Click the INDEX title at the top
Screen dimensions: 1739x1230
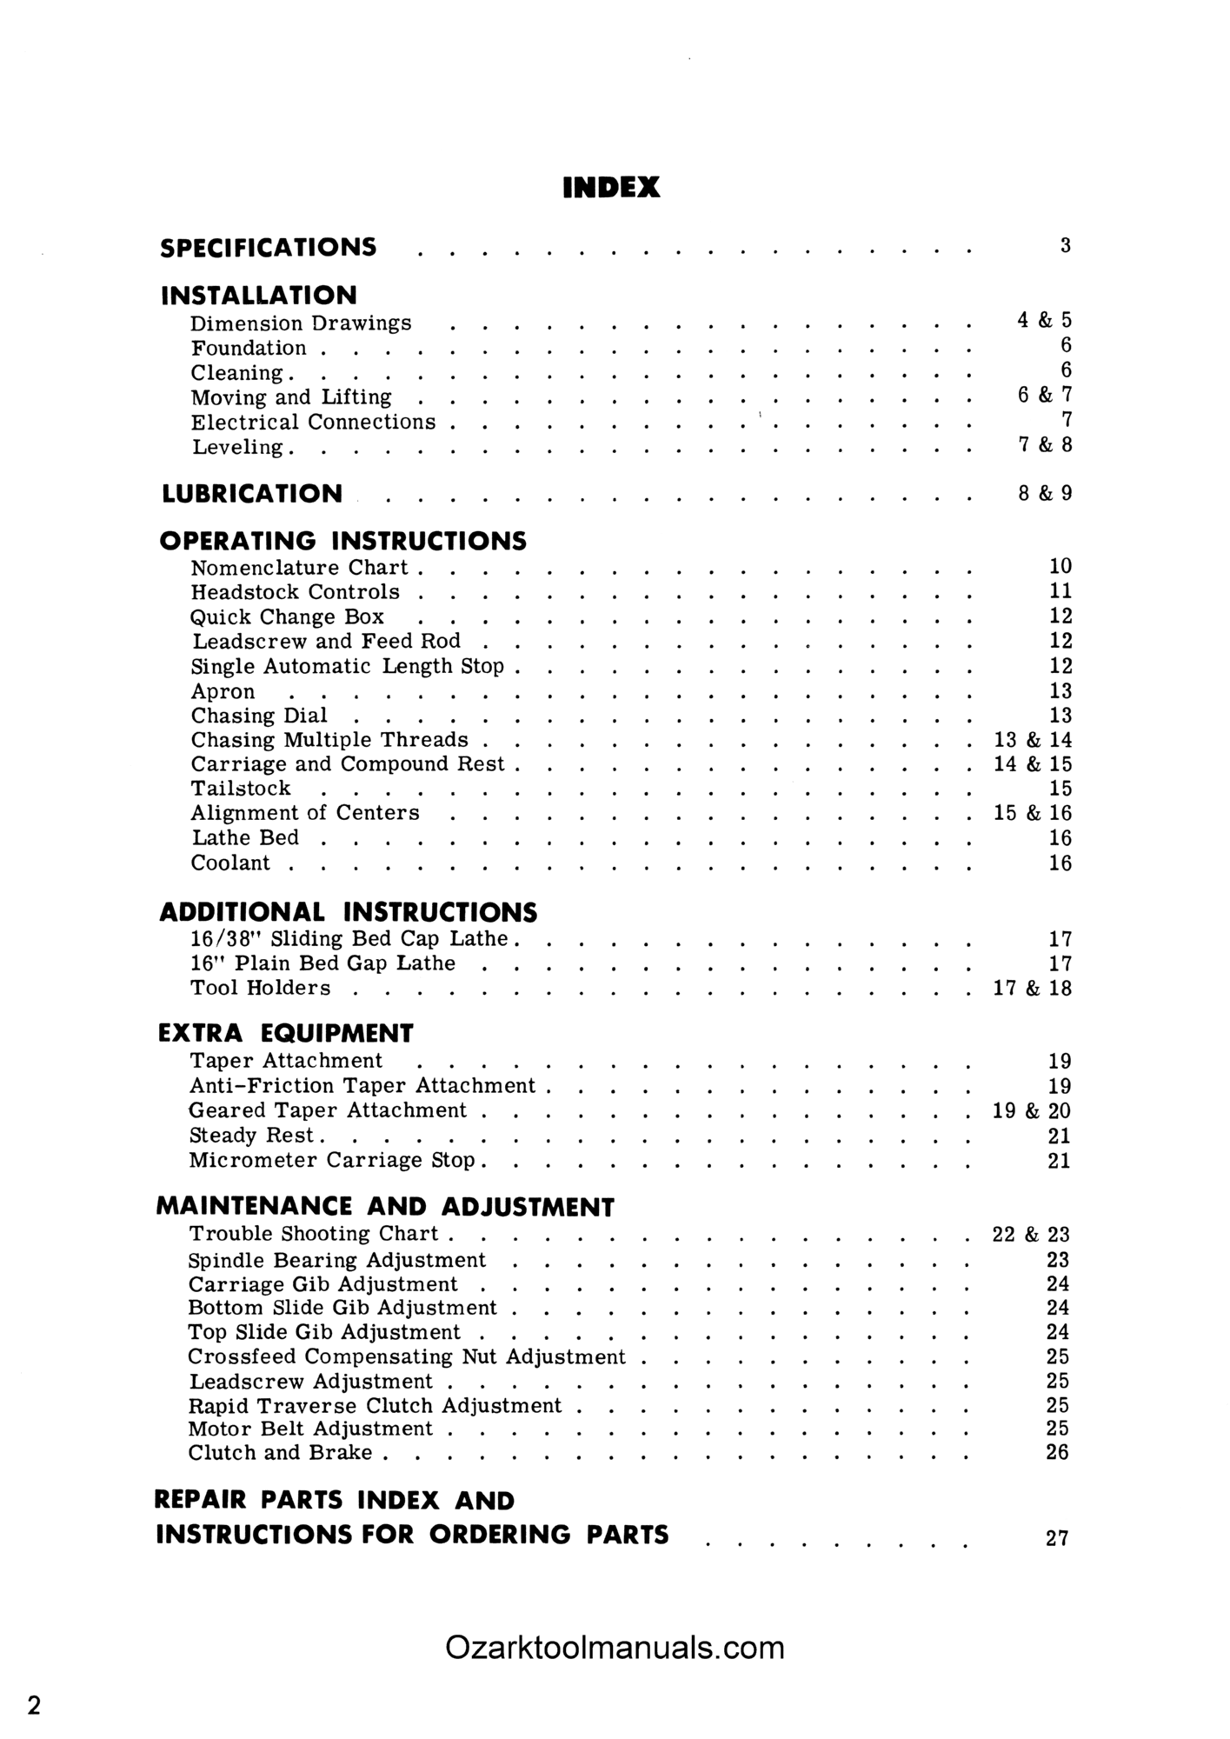point(611,188)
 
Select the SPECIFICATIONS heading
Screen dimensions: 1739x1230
point(269,248)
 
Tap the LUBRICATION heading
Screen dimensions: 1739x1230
point(252,494)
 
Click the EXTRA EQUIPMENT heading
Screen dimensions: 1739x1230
point(285,1033)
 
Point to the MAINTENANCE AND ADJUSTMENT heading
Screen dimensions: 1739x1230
point(385,1207)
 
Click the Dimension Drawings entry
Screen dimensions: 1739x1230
point(301,323)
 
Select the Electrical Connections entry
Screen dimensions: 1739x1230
point(313,423)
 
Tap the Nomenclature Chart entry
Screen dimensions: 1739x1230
point(299,568)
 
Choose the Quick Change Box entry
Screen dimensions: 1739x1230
point(287,617)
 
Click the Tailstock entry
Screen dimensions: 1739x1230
point(241,789)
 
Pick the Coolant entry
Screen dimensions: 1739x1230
point(230,863)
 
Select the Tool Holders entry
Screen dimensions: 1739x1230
point(261,988)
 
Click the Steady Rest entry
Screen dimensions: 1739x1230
point(252,1136)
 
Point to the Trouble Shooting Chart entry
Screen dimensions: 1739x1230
point(314,1234)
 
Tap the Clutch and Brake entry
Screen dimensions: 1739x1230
point(280,1453)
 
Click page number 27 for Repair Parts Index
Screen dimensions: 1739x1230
point(1057,1538)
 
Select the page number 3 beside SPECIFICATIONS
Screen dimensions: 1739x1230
point(1065,246)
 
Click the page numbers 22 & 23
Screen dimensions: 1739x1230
point(1031,1235)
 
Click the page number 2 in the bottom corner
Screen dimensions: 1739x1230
point(34,1705)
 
